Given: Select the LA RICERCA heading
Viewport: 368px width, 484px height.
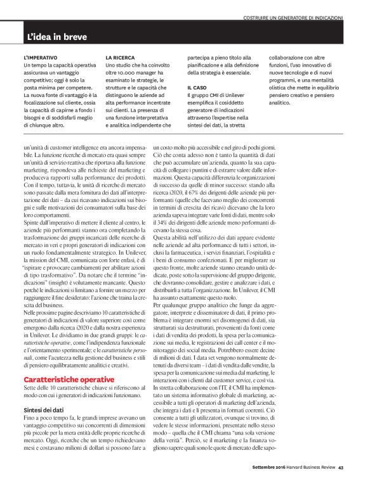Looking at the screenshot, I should pos(120,57).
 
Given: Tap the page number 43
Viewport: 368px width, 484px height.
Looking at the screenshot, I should pos(340,468).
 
